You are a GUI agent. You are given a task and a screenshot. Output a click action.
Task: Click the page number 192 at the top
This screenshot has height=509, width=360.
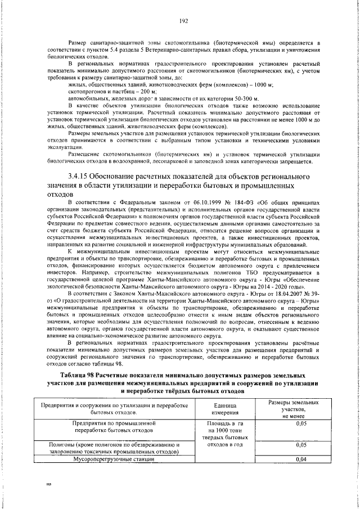[x=183, y=21]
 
